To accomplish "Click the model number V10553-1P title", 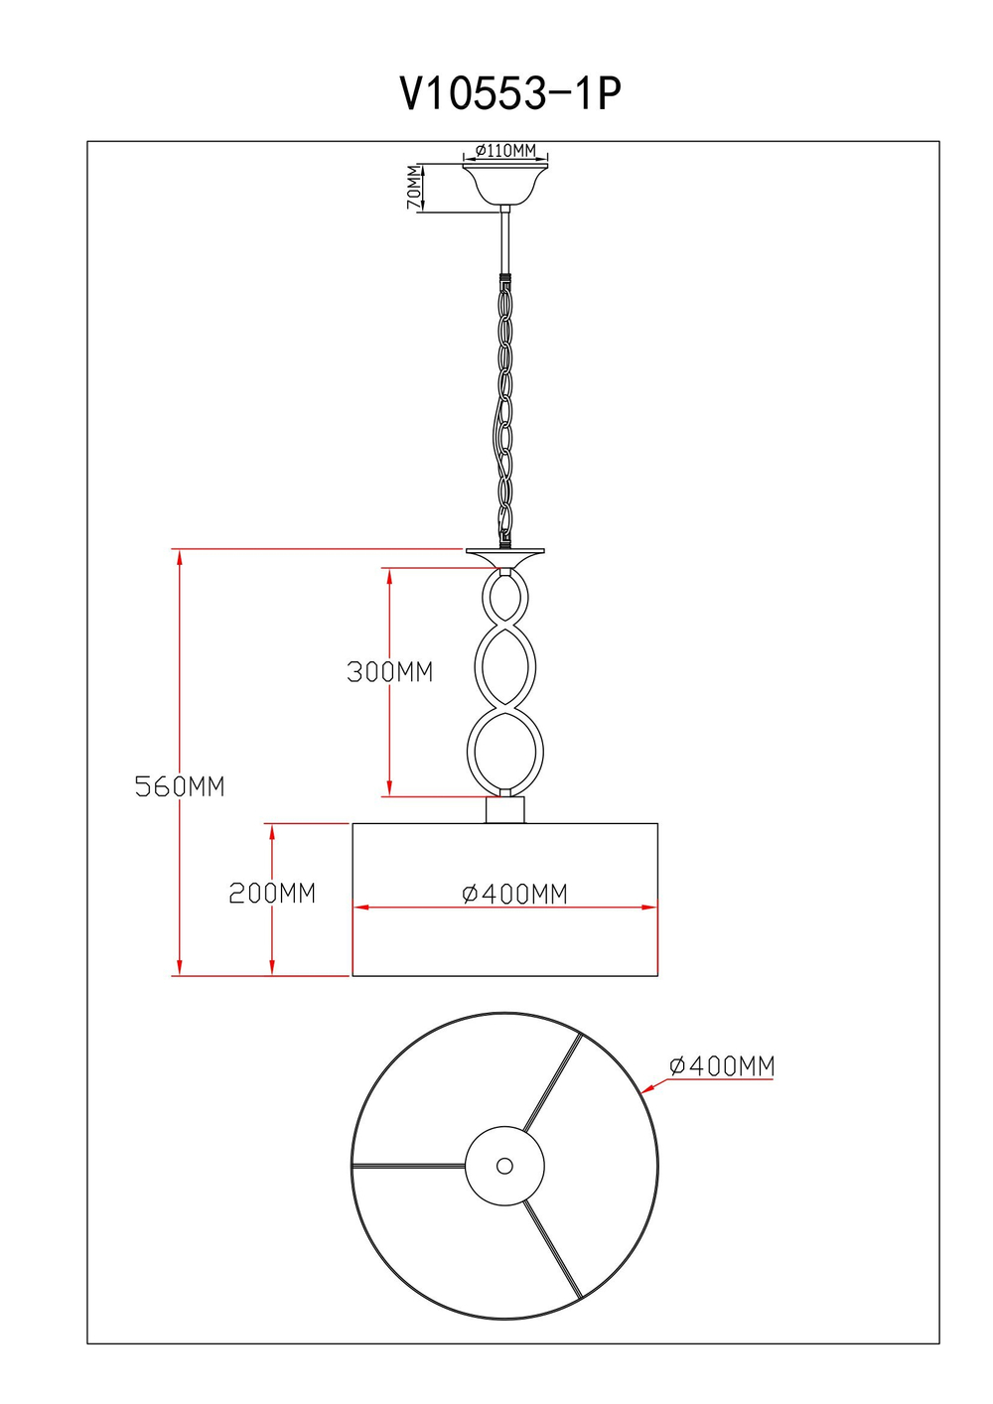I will [510, 94].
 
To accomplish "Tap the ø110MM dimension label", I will [505, 151].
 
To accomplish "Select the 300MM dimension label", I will [390, 672].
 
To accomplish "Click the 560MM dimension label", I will [180, 786].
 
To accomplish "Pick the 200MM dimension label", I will [272, 893].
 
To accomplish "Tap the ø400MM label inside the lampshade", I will [514, 894].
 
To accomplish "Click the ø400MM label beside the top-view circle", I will [721, 1066].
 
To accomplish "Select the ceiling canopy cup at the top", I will [505, 183].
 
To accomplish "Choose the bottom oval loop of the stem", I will [505, 752].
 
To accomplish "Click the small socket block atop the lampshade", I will [504, 810].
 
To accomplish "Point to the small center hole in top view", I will [504, 1166].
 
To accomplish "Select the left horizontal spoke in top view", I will [408, 1166].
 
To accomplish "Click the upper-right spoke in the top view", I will [552, 1083].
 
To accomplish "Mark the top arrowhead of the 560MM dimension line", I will [180, 556].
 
